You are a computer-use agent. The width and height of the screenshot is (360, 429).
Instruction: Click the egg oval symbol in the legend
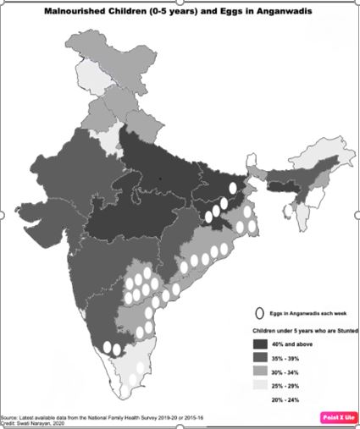(x=262, y=311)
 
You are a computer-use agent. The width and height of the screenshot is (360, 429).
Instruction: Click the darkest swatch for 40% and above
(x=261, y=344)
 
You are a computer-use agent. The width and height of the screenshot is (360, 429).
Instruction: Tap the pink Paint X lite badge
(x=338, y=417)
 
